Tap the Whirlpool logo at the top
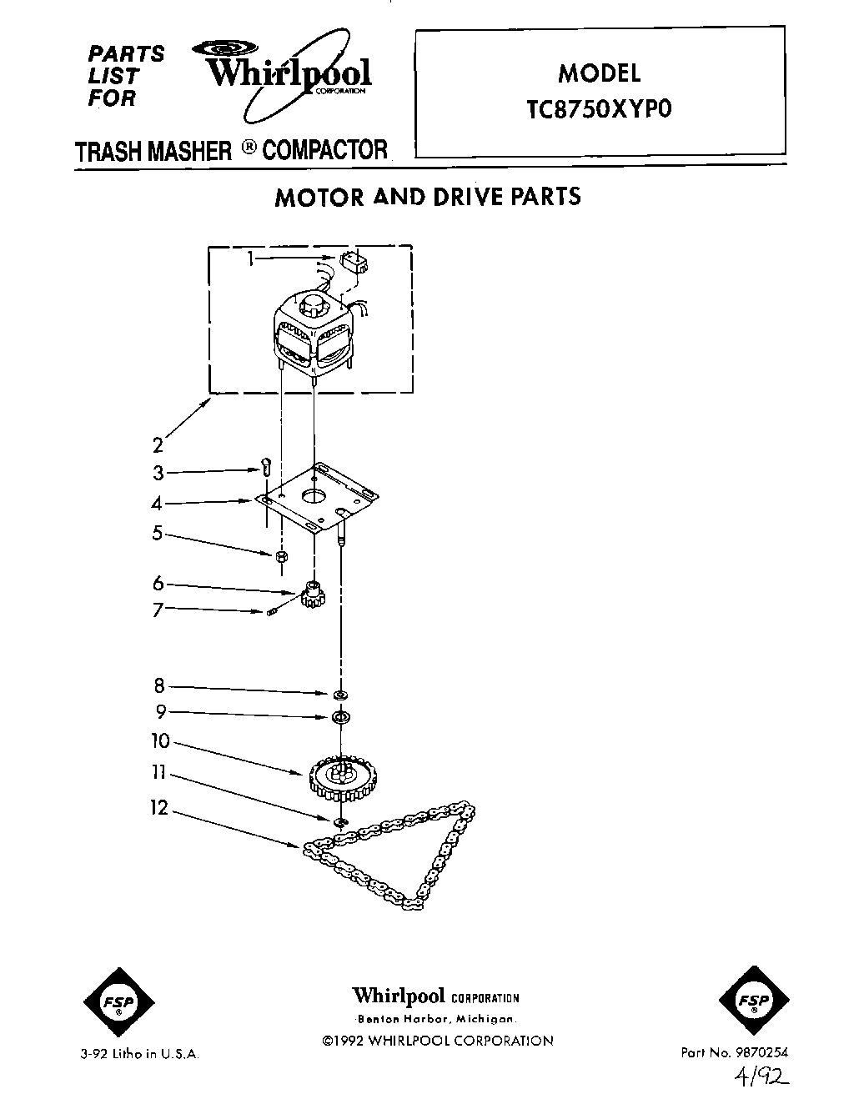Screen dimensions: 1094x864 [x=288, y=74]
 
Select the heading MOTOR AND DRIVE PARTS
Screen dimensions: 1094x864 [x=428, y=197]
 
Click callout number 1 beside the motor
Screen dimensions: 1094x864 [x=249, y=259]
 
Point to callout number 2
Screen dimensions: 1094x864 [x=158, y=446]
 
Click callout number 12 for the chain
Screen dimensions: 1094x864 [x=158, y=808]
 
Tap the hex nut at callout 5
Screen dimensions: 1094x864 [x=282, y=556]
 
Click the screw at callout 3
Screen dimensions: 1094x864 [x=266, y=466]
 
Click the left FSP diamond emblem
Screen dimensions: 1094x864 [x=119, y=1003]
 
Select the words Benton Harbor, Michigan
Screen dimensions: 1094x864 [x=435, y=1020]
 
